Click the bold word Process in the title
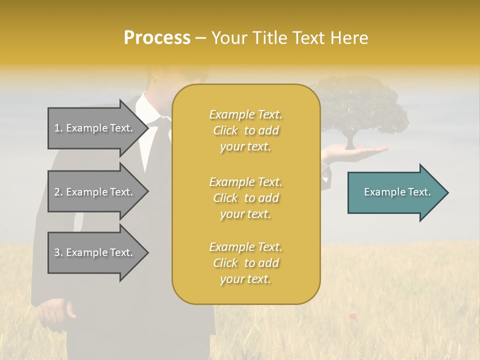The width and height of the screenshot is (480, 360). coord(157,38)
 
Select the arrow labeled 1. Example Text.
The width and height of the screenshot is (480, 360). coord(95,128)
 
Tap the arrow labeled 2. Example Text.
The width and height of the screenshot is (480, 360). coord(95,192)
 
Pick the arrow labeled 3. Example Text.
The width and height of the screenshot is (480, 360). coord(95,252)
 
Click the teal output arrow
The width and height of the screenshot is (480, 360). coord(395,192)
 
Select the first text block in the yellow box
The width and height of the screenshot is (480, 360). coord(245,130)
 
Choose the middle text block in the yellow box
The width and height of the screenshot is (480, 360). coord(245,198)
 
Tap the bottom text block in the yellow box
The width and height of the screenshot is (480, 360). coord(245,263)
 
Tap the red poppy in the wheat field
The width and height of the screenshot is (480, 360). coord(352,315)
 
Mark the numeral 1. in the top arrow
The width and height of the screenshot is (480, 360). coord(58,128)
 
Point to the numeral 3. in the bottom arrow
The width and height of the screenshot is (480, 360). coord(58,252)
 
